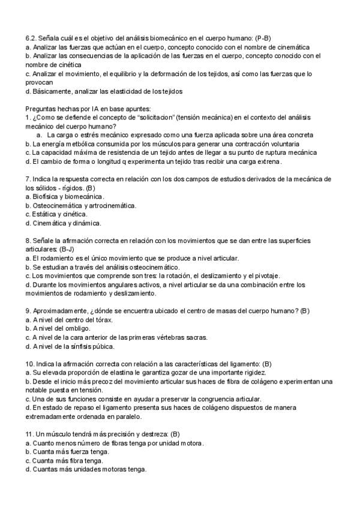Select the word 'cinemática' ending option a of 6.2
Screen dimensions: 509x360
click(x=290, y=46)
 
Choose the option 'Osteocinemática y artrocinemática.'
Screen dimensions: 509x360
click(x=84, y=205)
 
